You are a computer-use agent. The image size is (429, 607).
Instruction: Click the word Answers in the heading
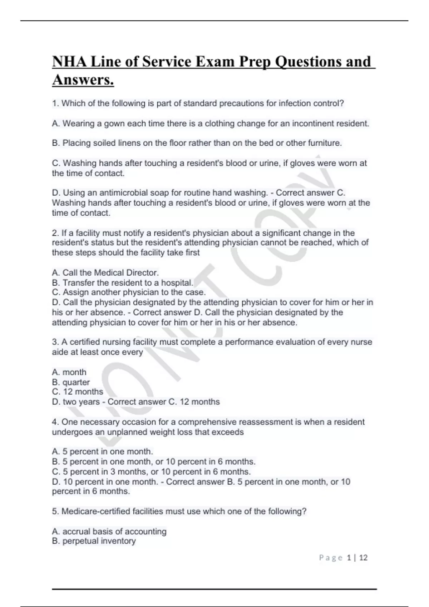(83, 80)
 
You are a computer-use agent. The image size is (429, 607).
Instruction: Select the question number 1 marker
(55, 104)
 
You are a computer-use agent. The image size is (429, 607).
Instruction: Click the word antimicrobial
(123, 193)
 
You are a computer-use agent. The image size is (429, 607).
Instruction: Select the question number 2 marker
(55, 233)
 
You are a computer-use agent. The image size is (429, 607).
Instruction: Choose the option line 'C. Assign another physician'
(129, 292)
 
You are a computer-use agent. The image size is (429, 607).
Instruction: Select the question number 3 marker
(55, 342)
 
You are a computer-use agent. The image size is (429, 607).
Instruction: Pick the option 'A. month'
(69, 372)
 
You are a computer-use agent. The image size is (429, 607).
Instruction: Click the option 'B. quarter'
(71, 382)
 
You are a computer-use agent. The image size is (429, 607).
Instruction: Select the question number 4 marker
(55, 422)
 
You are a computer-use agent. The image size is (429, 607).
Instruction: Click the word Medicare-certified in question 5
(95, 511)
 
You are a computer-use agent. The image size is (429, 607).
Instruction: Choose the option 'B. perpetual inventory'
(94, 541)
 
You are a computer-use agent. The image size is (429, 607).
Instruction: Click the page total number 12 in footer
(363, 558)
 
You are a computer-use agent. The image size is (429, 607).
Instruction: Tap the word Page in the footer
(331, 558)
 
